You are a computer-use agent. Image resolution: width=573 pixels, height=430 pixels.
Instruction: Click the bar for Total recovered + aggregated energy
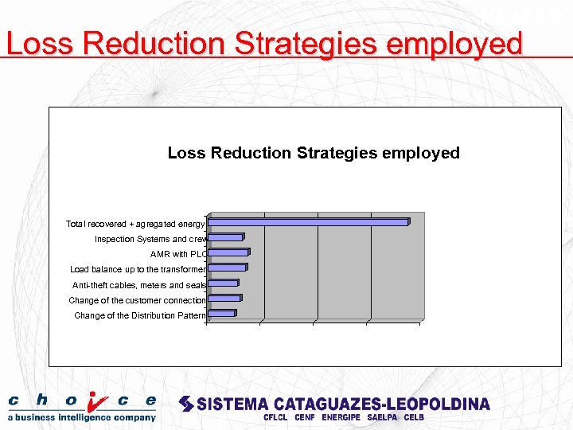pos(309,222)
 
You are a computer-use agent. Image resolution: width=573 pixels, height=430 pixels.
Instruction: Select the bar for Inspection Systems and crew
pos(225,237)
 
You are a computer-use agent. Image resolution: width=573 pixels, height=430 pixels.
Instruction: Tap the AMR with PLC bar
pos(228,252)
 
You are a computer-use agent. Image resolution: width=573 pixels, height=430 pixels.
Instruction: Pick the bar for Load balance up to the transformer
pos(227,268)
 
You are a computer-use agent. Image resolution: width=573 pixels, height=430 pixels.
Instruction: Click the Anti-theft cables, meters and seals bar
pos(223,283)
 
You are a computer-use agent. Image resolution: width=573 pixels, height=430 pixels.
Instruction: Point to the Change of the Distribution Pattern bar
pos(221,314)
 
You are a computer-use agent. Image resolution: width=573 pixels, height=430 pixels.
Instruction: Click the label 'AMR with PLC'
pos(178,255)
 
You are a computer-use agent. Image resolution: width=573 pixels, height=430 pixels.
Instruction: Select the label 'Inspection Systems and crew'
pos(150,240)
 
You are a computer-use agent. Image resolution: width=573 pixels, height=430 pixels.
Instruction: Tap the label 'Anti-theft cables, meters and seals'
pos(138,285)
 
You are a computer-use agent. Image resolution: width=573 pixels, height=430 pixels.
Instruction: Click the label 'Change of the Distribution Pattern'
pos(140,316)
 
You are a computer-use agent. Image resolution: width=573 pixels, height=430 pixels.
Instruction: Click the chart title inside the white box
pos(314,153)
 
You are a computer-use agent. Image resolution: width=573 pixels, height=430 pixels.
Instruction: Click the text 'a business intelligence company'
pos(82,417)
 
